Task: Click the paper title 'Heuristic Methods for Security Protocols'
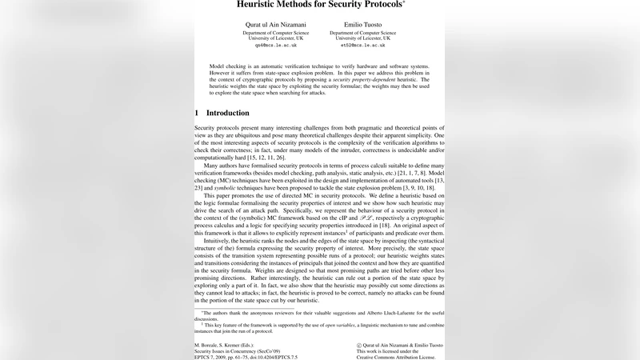click(318, 5)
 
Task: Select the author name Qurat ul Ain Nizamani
click(275, 25)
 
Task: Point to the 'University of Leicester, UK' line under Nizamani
click(275, 38)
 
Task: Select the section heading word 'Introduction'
click(227, 113)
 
